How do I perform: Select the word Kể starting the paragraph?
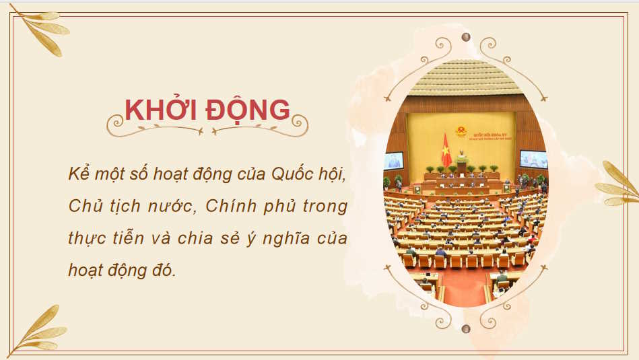[78, 172]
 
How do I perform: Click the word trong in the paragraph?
[325, 206]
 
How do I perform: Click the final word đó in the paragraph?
[162, 270]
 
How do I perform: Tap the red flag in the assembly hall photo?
[446, 149]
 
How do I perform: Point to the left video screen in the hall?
[394, 161]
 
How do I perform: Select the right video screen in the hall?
[534, 159]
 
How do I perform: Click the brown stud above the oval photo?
[465, 37]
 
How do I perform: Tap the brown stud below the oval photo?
[465, 328]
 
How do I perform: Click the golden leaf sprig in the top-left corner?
[40, 30]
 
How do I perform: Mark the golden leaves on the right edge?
[618, 185]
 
